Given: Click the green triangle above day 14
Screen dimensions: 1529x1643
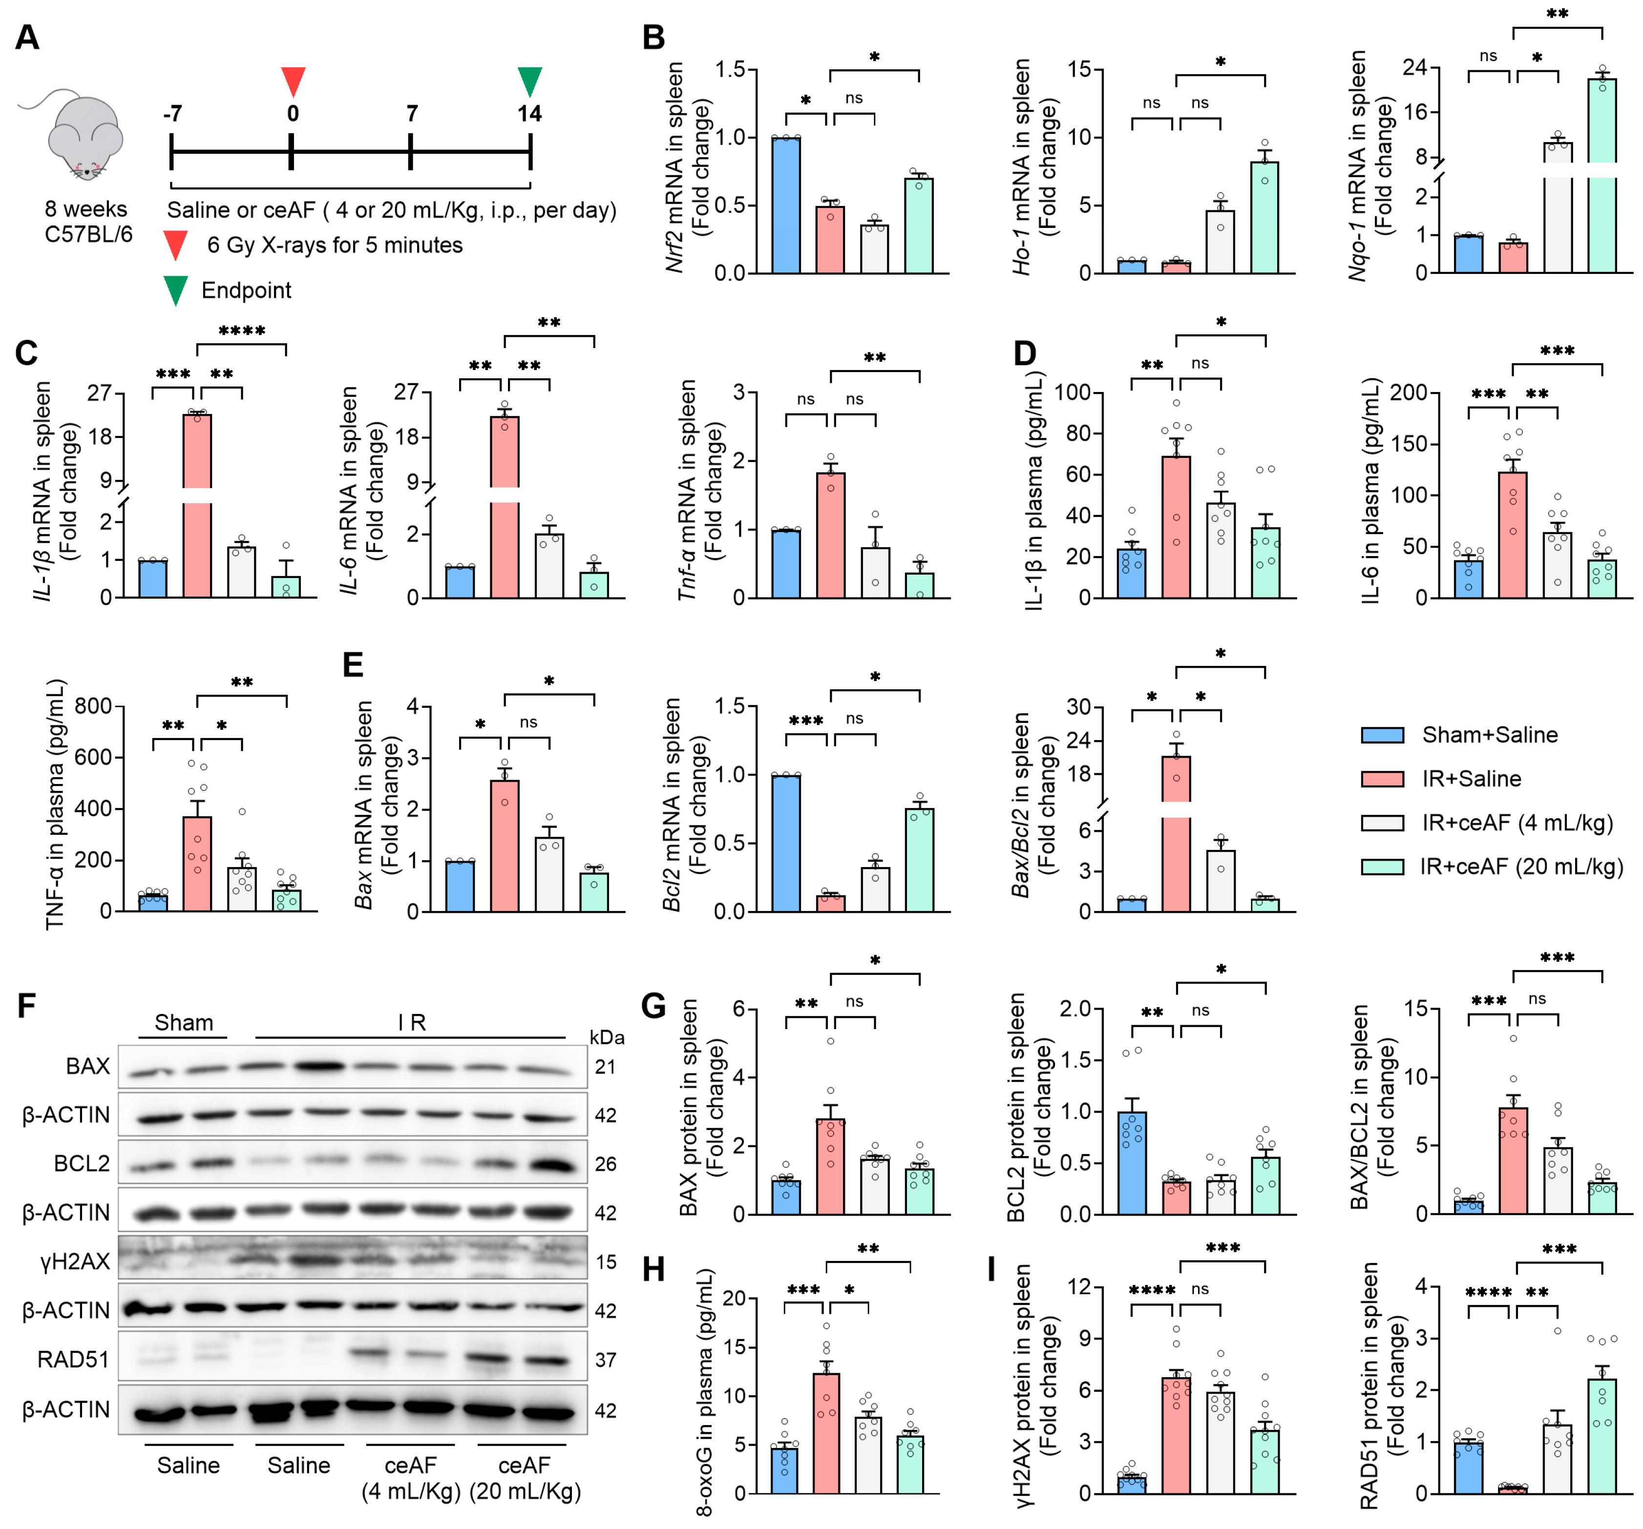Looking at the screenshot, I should pyautogui.click(x=530, y=80).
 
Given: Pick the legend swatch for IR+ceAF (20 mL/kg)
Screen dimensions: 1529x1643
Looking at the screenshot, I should pyautogui.click(x=1382, y=867).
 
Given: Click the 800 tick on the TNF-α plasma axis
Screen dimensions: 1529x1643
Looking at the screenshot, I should pyautogui.click(x=93, y=706).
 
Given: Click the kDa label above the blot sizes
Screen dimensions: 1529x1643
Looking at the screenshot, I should pyautogui.click(x=607, y=1037).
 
